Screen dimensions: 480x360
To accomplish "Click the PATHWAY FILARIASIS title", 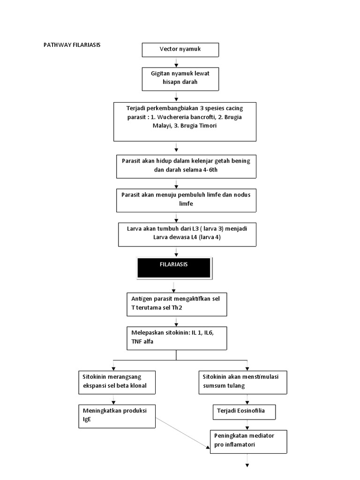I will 72,45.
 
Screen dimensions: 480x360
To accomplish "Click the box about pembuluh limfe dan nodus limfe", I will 186,199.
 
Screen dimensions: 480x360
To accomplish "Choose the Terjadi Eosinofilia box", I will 244,411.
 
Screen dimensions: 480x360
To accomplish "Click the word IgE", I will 86,419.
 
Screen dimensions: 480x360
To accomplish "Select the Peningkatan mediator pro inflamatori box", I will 247,440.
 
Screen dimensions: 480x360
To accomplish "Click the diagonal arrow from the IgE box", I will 183,433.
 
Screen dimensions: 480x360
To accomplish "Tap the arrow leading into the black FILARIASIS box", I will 176,252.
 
